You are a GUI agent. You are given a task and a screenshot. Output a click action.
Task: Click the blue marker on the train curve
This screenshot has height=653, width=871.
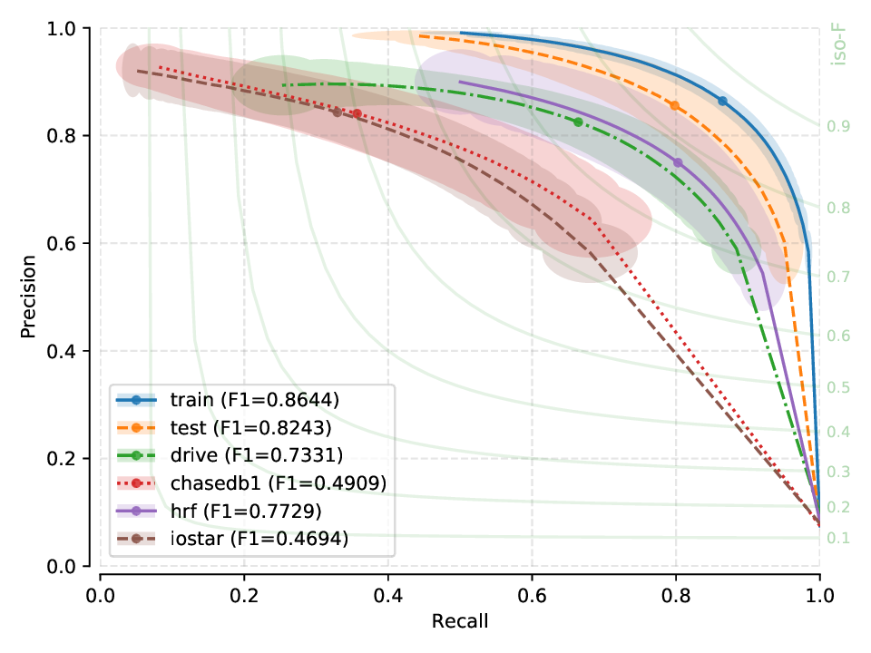(x=722, y=102)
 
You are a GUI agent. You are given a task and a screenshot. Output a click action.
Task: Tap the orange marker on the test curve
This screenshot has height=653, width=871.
(x=674, y=106)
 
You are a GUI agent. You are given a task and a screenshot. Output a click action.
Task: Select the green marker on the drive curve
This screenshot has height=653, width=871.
(x=578, y=122)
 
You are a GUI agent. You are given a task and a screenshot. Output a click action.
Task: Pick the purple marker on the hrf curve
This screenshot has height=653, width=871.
(x=677, y=162)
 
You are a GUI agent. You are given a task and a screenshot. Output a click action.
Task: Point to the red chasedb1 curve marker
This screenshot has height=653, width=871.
(x=357, y=114)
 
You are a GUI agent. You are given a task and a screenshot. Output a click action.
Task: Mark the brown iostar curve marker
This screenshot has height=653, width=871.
(x=337, y=112)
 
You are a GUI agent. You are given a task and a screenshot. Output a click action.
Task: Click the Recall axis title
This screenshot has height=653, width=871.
(x=460, y=621)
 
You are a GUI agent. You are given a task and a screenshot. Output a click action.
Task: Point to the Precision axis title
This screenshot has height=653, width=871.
(x=29, y=297)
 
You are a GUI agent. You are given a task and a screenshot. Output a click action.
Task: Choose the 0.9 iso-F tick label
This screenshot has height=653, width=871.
(x=838, y=126)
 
